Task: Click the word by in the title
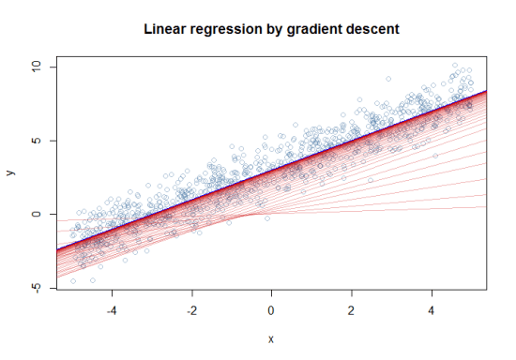(274, 29)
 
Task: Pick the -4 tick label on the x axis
(112, 310)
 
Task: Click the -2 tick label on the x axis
(191, 310)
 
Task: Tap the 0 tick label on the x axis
(272, 310)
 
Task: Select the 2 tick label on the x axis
(352, 310)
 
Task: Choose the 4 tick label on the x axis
(432, 310)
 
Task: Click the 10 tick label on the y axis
(38, 67)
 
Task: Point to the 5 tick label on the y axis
(38, 141)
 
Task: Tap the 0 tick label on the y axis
(38, 215)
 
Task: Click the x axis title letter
(271, 338)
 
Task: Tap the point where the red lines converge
(262, 215)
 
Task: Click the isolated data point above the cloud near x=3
(388, 79)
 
